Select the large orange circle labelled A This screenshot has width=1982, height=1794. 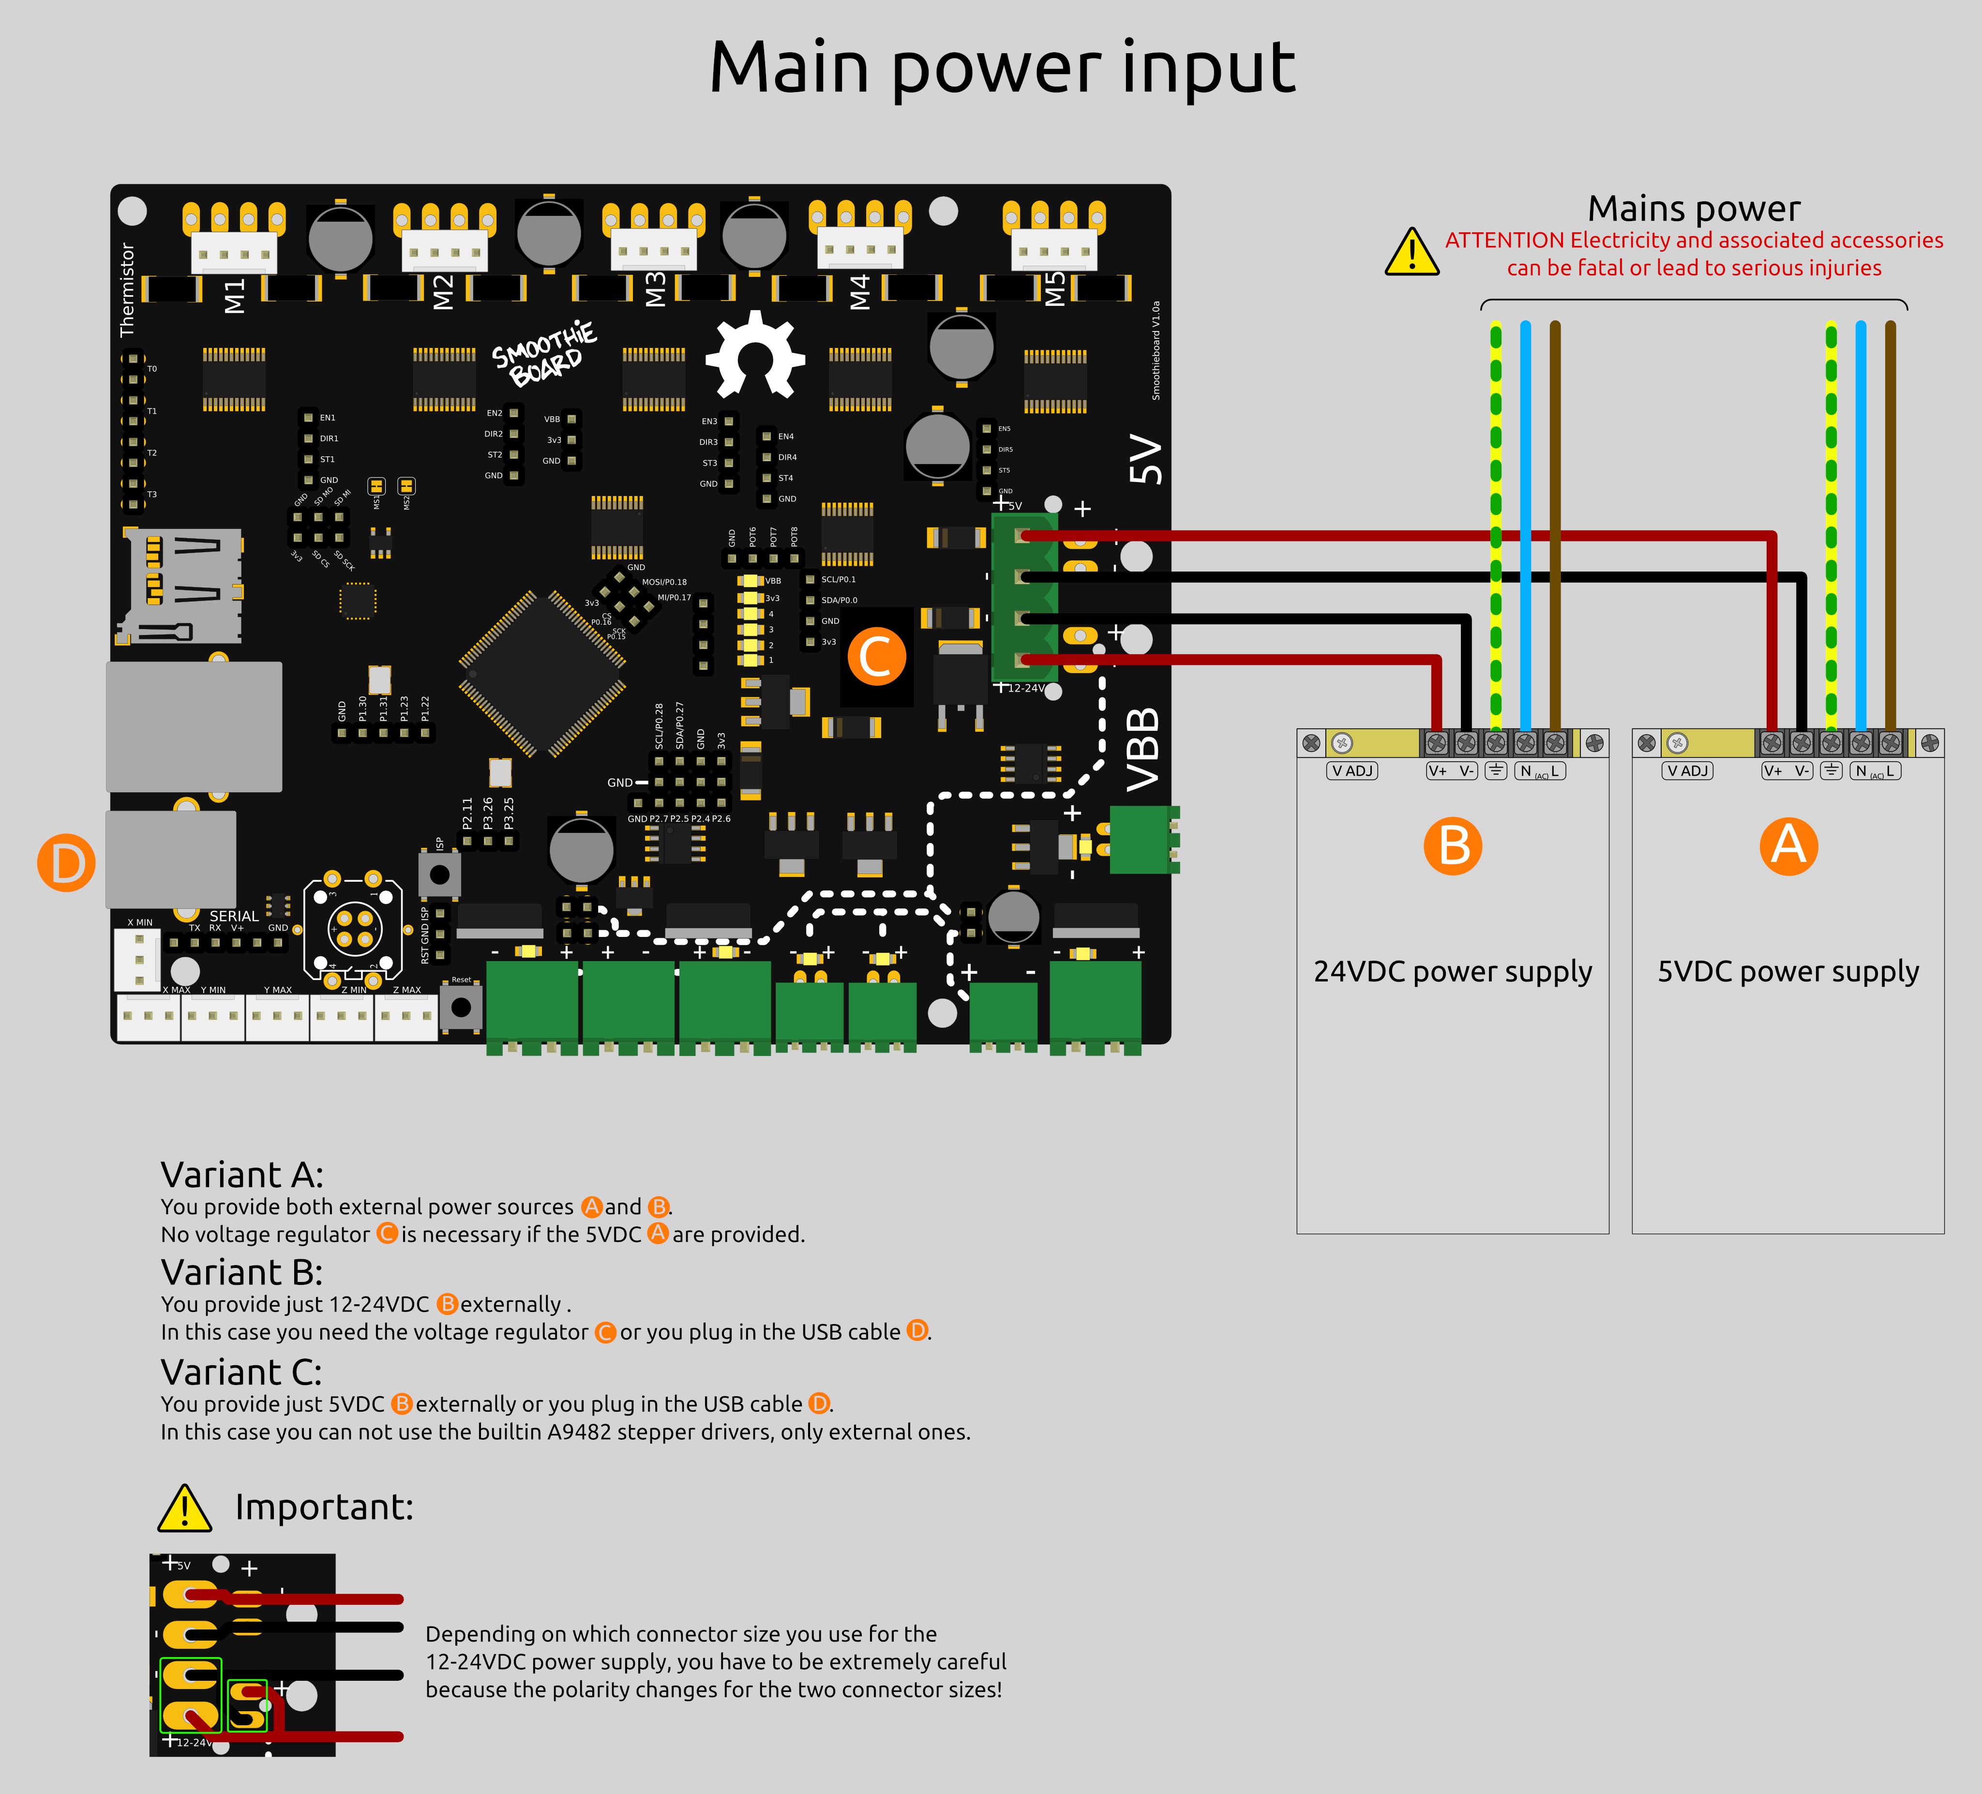pos(1788,845)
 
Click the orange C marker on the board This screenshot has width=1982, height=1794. pos(876,657)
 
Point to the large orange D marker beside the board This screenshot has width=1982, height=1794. pos(66,863)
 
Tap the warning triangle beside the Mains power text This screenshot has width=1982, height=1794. pos(1412,253)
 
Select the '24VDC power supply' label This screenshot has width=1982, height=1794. pos(1452,971)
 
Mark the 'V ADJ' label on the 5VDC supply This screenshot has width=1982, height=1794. pos(1687,770)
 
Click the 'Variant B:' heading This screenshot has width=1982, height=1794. pos(242,1272)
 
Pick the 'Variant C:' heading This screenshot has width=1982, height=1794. pos(242,1372)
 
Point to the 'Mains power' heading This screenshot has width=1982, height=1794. pos(1694,209)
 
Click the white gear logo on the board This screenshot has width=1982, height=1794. pos(755,354)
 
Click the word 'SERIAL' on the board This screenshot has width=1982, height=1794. pos(234,915)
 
